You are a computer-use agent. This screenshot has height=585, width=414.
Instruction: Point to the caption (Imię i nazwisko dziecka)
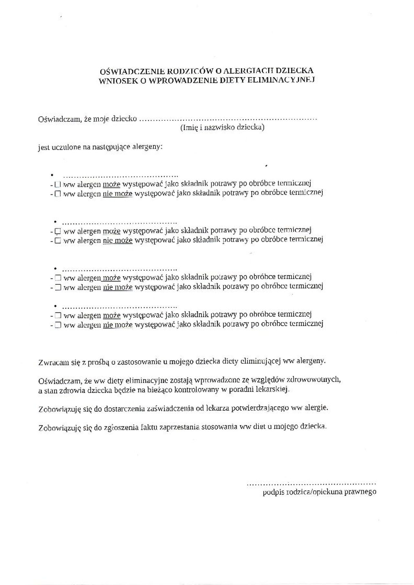tap(222, 127)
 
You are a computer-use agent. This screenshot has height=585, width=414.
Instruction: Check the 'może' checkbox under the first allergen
tap(58, 185)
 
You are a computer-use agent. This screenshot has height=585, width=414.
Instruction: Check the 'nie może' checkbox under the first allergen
tap(58, 194)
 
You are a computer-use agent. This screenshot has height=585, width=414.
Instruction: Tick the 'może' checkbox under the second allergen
tap(58, 231)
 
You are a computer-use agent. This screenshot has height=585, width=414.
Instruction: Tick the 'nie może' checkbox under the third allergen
tap(58, 287)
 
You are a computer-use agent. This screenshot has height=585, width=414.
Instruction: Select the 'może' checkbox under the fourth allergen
tap(58, 315)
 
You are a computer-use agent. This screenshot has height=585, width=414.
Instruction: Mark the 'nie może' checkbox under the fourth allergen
tap(58, 325)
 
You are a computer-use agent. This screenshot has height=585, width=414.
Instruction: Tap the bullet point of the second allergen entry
tap(55, 222)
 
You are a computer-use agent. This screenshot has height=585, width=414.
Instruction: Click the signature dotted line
tap(311, 484)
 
